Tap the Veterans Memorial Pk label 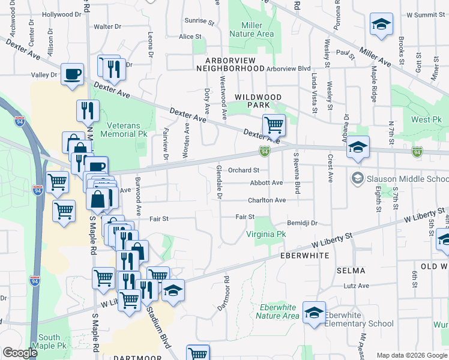pos(119,130)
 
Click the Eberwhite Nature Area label pos(278,311)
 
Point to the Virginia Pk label pos(265,234)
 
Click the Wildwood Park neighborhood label pos(258,101)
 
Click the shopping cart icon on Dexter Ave pos(274,125)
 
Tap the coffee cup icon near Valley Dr pos(72,74)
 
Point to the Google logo pos(20,353)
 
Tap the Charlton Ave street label pos(268,200)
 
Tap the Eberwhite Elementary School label pos(359,319)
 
